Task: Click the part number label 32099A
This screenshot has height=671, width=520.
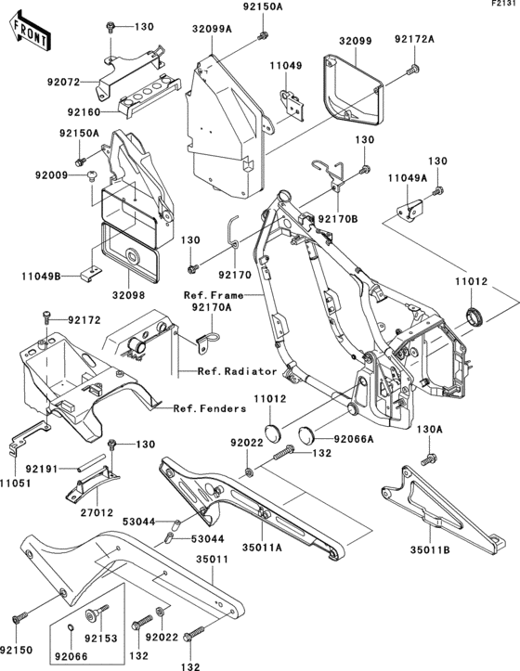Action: pos(212,29)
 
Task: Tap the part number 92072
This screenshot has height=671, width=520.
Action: pos(63,83)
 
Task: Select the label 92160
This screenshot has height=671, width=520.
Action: pos(84,112)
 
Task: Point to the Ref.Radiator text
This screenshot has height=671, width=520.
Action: pos(238,371)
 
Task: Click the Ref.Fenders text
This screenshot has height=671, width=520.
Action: pos(210,408)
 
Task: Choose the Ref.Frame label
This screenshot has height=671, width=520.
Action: pos(214,295)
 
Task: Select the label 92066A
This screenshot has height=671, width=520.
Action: pos(354,439)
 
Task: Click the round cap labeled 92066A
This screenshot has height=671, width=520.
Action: pos(305,434)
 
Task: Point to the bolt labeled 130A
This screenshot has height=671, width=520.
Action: pos(429,459)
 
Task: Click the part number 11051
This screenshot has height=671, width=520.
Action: pos(16,484)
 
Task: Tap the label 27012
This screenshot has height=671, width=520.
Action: pos(97,512)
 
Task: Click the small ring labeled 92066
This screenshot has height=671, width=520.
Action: pos(71,627)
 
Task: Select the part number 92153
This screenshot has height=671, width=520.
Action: pos(100,639)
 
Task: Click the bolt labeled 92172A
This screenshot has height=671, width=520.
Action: pos(413,69)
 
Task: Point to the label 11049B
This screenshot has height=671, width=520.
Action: pos(41,277)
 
